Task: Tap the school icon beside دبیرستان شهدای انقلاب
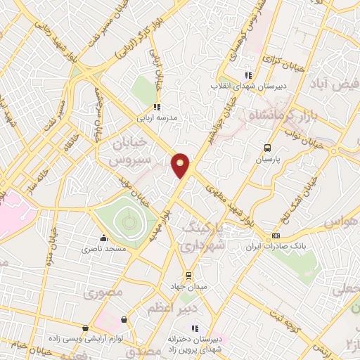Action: (x=247, y=75)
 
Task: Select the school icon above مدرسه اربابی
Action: (x=156, y=107)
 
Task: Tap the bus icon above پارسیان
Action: (x=266, y=148)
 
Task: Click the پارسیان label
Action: (x=266, y=159)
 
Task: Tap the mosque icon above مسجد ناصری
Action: (x=104, y=238)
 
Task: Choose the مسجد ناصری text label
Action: (x=103, y=249)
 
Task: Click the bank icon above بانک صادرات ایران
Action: (x=276, y=236)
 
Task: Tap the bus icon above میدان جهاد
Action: (x=188, y=275)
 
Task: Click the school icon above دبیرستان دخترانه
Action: (x=194, y=328)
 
